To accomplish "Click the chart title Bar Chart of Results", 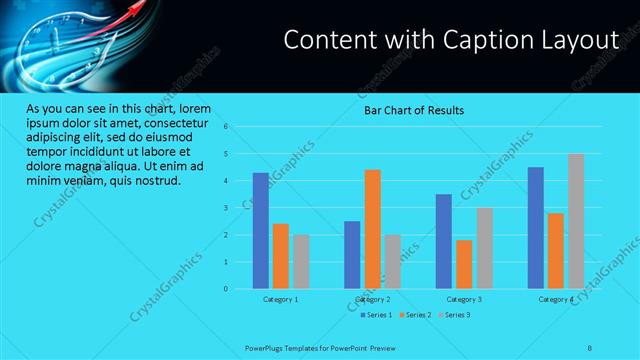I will [x=413, y=110].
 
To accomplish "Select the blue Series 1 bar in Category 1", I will [x=260, y=230].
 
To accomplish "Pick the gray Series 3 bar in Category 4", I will [x=576, y=221].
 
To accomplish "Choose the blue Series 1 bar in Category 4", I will [x=536, y=228].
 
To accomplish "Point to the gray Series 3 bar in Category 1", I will [x=301, y=262].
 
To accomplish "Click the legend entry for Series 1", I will [x=376, y=315].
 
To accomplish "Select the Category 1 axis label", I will [x=281, y=299].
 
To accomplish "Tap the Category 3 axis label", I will [x=464, y=299].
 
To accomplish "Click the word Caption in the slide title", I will [x=454, y=40].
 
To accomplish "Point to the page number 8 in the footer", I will [x=590, y=348].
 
